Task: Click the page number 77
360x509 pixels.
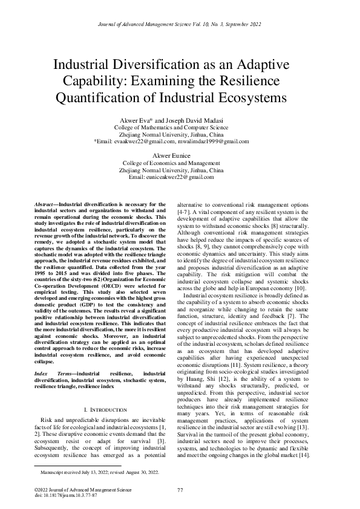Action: point(180,488)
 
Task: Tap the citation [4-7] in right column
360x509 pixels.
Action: point(182,213)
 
